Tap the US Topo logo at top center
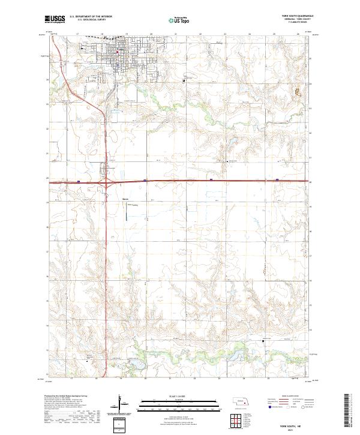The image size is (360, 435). click(x=180, y=20)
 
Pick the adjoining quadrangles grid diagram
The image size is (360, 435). click(x=238, y=422)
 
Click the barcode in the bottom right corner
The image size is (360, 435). click(x=346, y=413)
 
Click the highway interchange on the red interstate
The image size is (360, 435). click(x=107, y=183)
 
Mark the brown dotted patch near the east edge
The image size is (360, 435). click(x=296, y=92)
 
